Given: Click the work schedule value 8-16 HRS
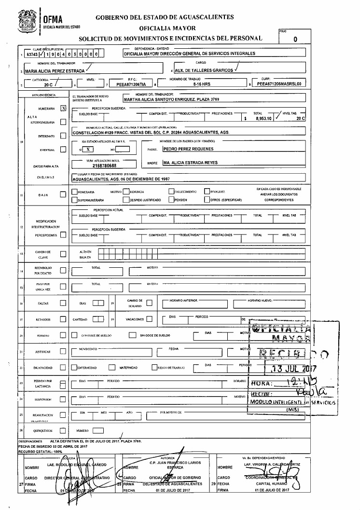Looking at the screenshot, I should pos(200,84).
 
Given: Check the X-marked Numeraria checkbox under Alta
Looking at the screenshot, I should pos(63,109).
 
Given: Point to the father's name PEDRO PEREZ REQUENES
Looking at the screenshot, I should pos(188,149).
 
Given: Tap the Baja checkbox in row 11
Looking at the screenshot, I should pos(63,194).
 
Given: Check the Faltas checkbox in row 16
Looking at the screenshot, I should pos(63,303).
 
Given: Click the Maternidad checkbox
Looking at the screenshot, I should pos(111,368).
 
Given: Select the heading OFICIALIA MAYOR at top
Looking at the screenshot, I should pos(165,28).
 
